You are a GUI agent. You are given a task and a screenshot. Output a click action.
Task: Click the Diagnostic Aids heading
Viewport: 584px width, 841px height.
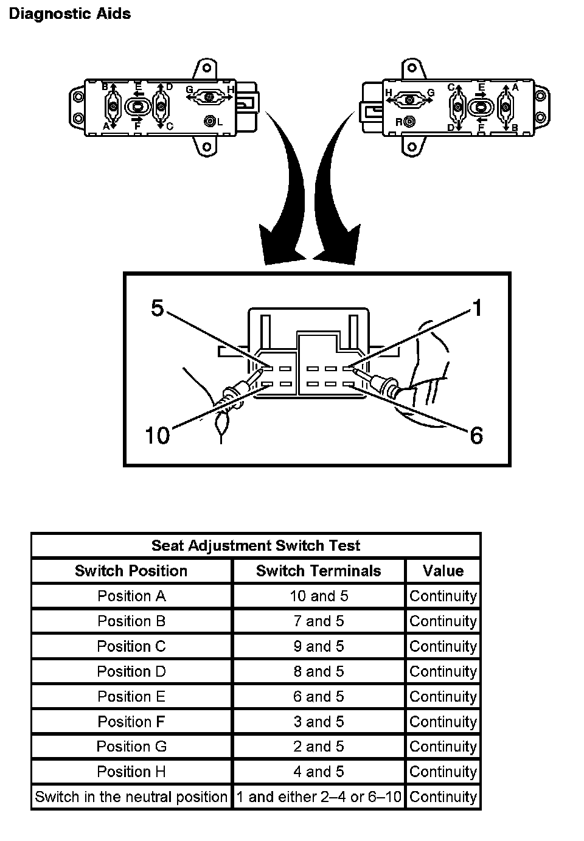tap(69, 14)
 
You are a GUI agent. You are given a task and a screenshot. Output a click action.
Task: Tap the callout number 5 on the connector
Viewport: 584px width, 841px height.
tap(158, 309)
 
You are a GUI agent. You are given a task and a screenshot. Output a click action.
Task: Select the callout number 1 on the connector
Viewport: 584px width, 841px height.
tap(478, 309)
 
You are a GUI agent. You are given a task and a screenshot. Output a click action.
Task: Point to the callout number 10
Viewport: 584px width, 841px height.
tap(157, 436)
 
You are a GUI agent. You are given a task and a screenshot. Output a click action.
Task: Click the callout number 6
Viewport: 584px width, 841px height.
tap(476, 436)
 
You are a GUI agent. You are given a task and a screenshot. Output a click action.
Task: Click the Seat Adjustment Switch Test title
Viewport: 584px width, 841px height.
tap(255, 545)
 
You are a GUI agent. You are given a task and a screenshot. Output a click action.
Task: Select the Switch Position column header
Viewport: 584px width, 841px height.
tap(131, 571)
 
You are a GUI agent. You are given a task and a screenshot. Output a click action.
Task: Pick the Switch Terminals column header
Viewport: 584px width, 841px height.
tap(318, 571)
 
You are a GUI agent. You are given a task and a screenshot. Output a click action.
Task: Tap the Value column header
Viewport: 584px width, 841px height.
tap(443, 571)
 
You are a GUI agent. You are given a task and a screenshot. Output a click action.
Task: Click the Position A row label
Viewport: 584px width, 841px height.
tap(131, 596)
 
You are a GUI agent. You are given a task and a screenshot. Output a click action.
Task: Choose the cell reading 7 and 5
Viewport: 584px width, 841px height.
tap(318, 621)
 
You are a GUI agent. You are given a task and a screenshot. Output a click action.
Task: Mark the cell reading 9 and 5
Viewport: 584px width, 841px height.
tap(318, 646)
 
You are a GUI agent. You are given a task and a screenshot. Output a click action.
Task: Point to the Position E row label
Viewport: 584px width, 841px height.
tap(131, 696)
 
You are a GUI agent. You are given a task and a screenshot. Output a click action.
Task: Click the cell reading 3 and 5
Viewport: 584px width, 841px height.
tap(318, 722)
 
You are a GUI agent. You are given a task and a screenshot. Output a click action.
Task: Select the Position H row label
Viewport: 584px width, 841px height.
tap(131, 772)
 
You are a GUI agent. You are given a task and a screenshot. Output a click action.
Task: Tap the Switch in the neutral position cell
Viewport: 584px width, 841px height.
tap(131, 797)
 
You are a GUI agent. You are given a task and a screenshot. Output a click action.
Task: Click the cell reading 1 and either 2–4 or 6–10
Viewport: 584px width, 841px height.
tap(319, 797)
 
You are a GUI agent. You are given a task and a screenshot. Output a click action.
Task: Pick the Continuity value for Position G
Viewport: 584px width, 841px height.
tap(443, 747)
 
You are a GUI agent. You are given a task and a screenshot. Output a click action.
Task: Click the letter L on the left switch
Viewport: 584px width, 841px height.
tap(220, 122)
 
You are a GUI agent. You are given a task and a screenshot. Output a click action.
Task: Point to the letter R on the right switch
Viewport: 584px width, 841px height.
tap(399, 122)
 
